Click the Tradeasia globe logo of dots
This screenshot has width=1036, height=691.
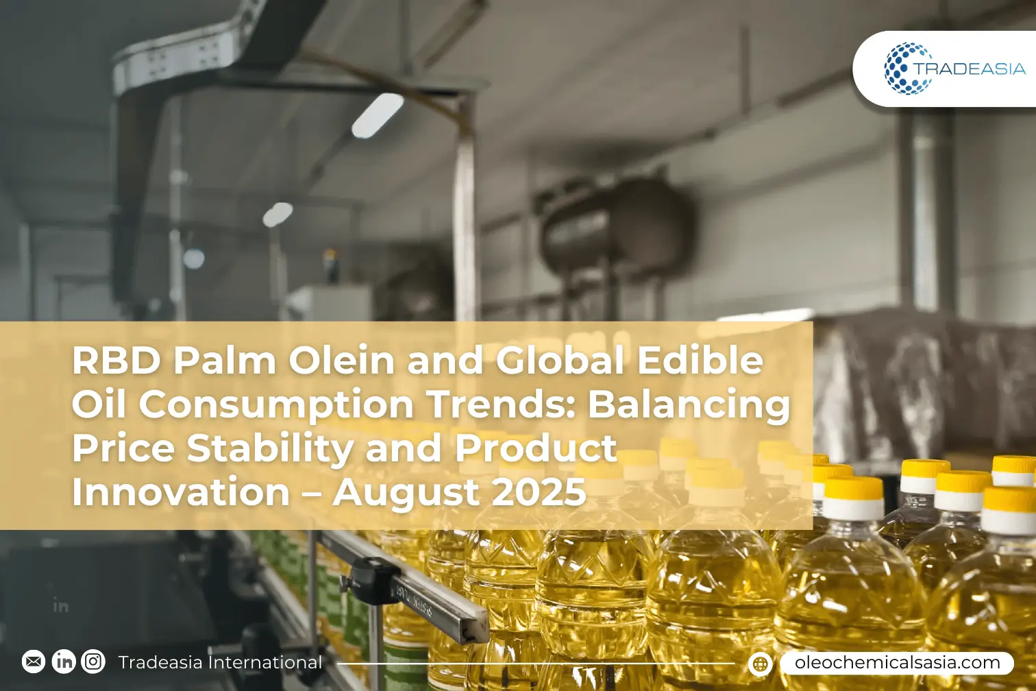click(908, 69)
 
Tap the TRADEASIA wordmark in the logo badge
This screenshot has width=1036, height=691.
click(970, 69)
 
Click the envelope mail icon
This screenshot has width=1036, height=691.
click(34, 662)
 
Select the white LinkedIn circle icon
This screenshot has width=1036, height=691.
click(63, 662)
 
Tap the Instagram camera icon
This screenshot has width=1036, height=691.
click(93, 662)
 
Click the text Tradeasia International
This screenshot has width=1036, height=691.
click(220, 662)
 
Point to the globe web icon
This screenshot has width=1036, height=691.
click(760, 664)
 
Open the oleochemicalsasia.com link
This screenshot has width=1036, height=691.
click(898, 663)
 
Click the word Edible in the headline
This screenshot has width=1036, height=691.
click(700, 361)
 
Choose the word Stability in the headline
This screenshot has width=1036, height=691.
click(271, 449)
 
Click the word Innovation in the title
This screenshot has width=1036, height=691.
click(181, 492)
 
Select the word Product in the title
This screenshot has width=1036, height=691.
click(536, 448)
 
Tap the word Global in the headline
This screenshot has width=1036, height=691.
click(560, 361)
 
